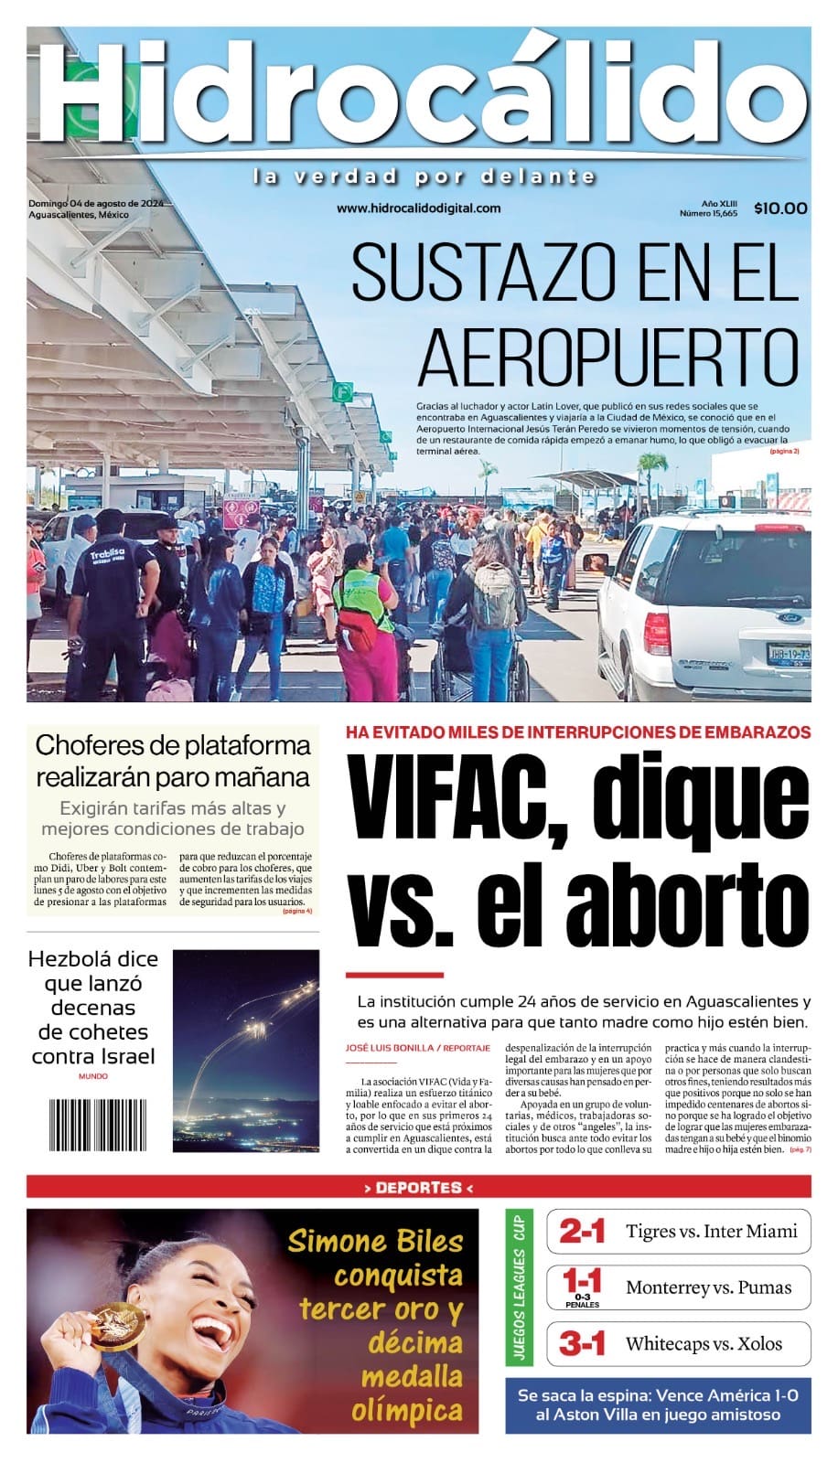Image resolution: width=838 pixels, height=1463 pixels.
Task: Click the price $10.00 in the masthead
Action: point(780,208)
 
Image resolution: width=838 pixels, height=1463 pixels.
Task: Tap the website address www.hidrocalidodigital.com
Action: point(419,208)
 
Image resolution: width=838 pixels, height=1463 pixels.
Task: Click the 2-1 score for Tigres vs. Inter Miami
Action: point(582,1232)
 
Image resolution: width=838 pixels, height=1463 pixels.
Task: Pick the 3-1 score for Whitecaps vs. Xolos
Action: point(582,1344)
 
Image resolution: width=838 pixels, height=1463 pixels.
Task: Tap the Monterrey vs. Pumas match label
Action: point(708,1287)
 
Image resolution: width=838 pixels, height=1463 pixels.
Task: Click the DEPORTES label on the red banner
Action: point(418,1188)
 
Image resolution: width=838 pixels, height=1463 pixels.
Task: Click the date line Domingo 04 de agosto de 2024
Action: point(95,203)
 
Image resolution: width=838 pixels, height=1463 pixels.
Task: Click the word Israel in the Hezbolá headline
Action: point(124,1056)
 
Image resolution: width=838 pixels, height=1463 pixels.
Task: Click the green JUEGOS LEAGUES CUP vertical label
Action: point(519,1287)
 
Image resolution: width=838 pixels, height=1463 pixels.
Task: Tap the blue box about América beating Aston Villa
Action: point(658,1404)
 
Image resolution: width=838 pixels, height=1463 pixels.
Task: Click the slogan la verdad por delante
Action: point(424,176)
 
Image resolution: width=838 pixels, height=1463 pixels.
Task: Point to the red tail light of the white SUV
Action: point(656,631)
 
